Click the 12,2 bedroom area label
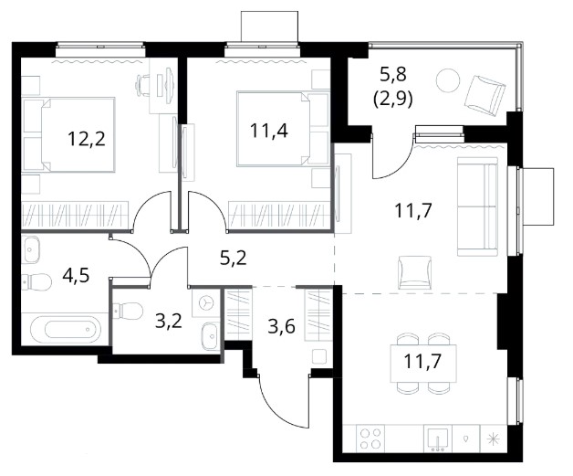pos(87,139)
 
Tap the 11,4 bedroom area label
pos(268,131)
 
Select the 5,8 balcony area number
pos(393,75)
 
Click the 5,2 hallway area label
pos(234,258)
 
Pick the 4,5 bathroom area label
pos(76,275)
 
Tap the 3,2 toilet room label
pos(169,321)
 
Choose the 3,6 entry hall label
pos(281,326)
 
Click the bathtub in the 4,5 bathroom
pos(66,329)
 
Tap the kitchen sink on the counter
pos(438,438)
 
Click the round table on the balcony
pos(448,80)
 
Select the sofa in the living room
pos(477,206)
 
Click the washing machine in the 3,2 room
pos(205,303)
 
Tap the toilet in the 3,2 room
pos(128,311)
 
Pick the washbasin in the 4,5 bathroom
pos(31,249)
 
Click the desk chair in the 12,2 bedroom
pos(143,85)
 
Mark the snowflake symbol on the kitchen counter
pos(494,438)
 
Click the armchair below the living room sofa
pos(415,272)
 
